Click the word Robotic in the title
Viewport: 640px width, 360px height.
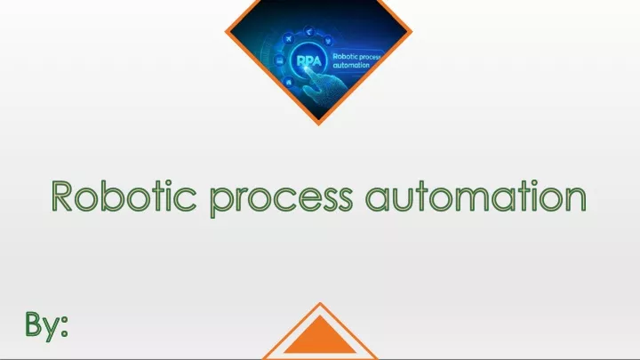[x=124, y=196]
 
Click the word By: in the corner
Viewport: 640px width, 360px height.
[x=46, y=325]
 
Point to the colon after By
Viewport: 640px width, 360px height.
[x=64, y=327]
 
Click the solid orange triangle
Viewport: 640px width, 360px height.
[x=320, y=335]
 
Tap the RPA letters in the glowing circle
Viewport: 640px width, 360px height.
[x=309, y=61]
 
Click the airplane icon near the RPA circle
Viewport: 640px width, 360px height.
[x=289, y=39]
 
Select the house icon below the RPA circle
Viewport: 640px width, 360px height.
[x=289, y=82]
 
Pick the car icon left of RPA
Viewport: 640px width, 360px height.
[x=280, y=60]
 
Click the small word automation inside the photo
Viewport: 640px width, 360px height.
[x=351, y=65]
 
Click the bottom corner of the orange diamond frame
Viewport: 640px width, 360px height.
[x=319, y=124]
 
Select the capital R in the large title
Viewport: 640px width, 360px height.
[x=61, y=196]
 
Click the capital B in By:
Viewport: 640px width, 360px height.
[x=34, y=324]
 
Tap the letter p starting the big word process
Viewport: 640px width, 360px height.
[x=220, y=201]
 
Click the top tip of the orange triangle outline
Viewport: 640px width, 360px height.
[x=320, y=303]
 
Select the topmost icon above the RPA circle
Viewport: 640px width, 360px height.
[x=309, y=31]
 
